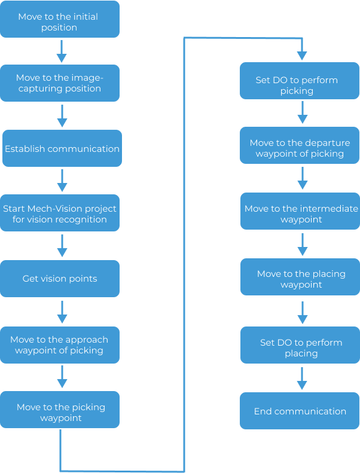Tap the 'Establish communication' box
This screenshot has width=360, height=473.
pos(62,148)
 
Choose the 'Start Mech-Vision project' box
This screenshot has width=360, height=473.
pos(60,213)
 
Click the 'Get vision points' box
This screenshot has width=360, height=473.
pos(60,279)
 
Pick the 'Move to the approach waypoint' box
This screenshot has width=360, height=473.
pos(60,344)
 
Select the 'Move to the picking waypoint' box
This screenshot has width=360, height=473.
pos(60,413)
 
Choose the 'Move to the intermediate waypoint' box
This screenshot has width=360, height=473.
pos(300,213)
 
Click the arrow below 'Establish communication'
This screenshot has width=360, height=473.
pos(62,180)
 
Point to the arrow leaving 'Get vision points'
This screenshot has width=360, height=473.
pos(62,312)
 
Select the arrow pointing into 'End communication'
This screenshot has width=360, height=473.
pos(302,377)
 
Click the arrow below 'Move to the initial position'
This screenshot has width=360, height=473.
pos(61,51)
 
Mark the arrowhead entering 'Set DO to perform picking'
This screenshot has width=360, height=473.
pos(302,55)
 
